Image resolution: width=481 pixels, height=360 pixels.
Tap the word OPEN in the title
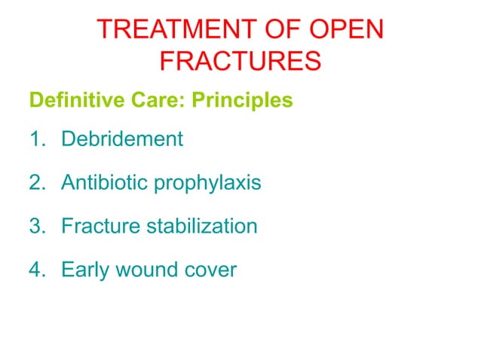(x=346, y=30)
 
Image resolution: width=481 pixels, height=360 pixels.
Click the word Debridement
(x=122, y=139)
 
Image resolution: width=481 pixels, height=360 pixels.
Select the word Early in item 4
(x=83, y=270)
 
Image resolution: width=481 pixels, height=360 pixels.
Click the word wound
(x=143, y=269)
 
